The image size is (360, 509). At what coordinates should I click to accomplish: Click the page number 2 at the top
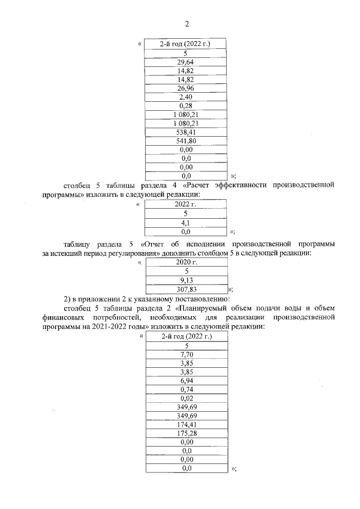186,24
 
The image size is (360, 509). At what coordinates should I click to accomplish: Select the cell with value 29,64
186,62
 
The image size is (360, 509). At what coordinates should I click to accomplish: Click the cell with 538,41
186,132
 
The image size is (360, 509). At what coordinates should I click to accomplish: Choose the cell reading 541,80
186,141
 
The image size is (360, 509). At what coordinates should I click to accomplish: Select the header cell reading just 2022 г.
186,204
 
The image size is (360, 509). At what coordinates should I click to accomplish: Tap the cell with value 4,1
186,222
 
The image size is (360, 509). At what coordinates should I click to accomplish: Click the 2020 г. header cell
186,263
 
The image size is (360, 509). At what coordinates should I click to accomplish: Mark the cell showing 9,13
186,281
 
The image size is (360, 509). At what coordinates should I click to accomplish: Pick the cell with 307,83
186,290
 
